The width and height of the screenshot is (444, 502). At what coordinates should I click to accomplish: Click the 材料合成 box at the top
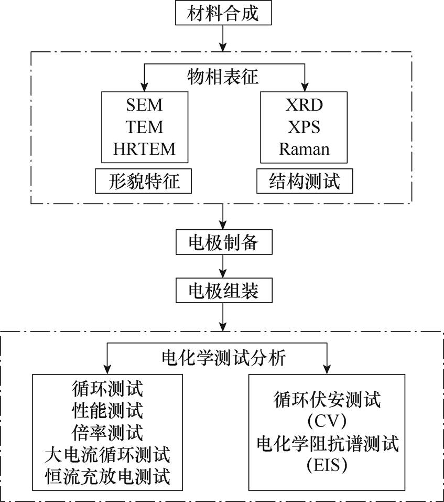[x=223, y=14]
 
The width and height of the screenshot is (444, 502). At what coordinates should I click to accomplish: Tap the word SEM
[x=144, y=105]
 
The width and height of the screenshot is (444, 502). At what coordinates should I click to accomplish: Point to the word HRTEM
[x=144, y=149]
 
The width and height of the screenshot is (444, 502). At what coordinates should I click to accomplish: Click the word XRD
[x=304, y=105]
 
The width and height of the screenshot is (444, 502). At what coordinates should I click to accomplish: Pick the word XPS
[x=304, y=127]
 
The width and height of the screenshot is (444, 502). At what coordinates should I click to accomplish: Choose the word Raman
[x=304, y=149]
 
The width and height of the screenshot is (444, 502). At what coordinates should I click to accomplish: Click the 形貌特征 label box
[x=144, y=181]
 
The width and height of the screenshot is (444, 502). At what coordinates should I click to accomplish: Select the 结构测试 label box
[x=304, y=181]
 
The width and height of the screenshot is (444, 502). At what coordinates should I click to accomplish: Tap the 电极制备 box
[x=223, y=243]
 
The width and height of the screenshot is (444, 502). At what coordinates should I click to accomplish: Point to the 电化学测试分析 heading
[x=223, y=358]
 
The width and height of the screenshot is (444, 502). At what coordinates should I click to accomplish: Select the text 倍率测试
[x=107, y=433]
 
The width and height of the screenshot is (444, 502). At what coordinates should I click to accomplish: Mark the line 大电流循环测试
[x=107, y=455]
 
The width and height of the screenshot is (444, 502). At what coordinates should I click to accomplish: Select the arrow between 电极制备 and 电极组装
[x=224, y=267]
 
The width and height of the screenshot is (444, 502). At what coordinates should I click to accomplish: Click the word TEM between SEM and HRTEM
[x=144, y=127]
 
